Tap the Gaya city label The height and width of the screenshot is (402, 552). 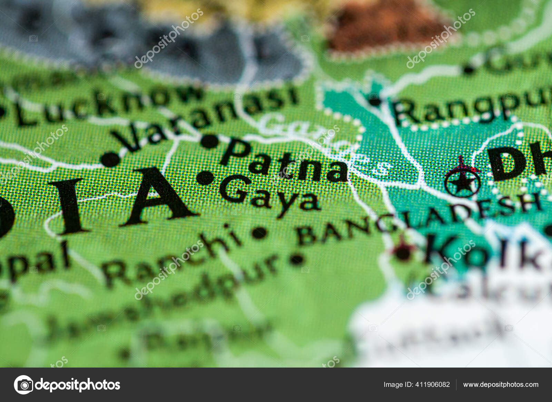(269, 195)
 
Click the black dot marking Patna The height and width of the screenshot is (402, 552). (210, 141)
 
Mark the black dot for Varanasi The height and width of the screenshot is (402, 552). (110, 159)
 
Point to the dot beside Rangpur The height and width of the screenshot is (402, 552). (374, 101)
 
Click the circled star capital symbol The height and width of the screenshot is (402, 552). (462, 182)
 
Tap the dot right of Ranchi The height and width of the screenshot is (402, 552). (259, 233)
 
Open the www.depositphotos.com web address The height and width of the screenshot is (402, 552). (501, 385)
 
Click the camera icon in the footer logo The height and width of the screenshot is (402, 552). (24, 385)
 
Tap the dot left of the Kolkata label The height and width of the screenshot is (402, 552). (402, 254)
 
